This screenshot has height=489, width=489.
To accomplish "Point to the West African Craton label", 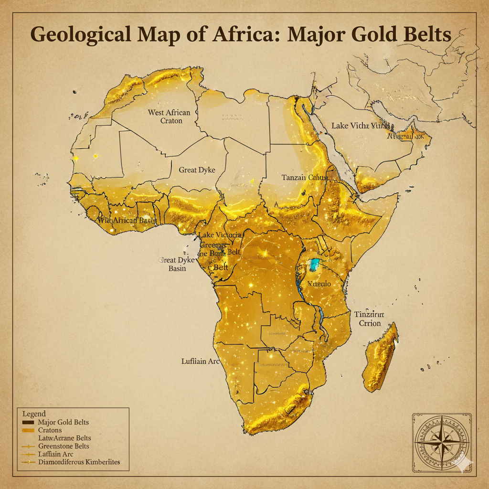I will (169, 117).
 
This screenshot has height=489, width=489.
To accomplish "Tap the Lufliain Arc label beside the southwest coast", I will (201, 361).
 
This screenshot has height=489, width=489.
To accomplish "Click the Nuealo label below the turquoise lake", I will (319, 283).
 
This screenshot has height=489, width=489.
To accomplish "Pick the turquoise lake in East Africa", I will (315, 264).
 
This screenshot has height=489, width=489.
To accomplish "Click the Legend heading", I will (34, 414).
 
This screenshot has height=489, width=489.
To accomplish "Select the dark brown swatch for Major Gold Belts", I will (28, 423).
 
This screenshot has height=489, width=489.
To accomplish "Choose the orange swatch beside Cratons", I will (28, 430).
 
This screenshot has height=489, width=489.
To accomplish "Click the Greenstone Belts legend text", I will (66, 446).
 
